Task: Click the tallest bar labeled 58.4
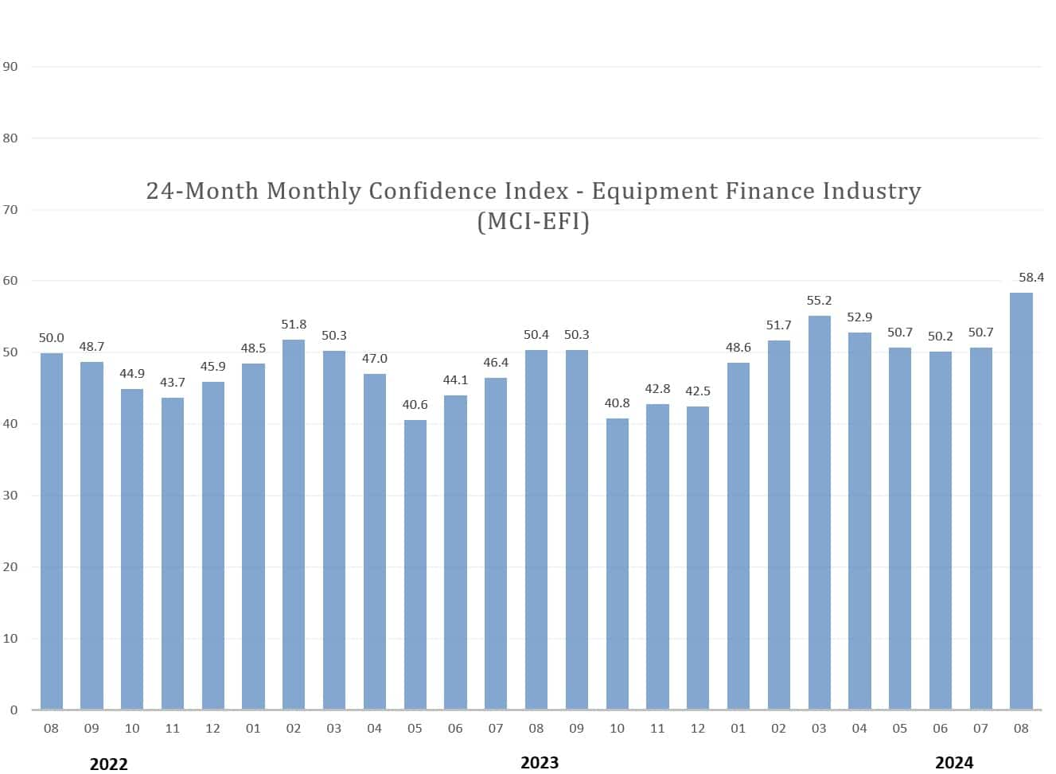point(1021,501)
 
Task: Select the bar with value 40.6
point(415,565)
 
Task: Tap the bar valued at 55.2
point(819,513)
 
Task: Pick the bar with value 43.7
point(173,554)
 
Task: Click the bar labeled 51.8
point(294,525)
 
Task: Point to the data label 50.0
point(52,338)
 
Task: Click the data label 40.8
point(617,403)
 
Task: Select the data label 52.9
point(859,317)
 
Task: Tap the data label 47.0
point(375,359)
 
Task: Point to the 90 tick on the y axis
point(10,67)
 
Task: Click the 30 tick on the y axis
point(10,496)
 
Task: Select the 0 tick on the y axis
point(14,710)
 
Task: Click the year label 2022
point(108,764)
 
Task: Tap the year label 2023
point(540,763)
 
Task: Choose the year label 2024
point(953,763)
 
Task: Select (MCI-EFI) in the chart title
point(533,221)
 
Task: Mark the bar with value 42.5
point(698,558)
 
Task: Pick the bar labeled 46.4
point(496,544)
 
